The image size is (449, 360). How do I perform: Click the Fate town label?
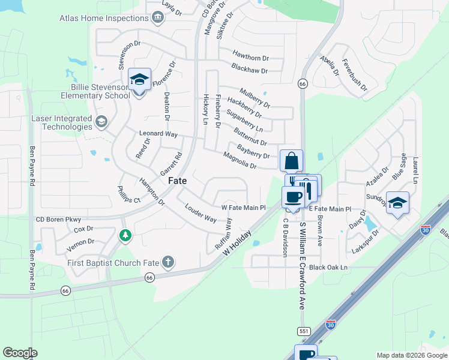click(177, 180)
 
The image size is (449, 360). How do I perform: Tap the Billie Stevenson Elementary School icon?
click(139, 80)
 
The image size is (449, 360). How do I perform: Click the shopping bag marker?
click(291, 161)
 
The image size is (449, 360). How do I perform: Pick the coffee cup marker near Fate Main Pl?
click(293, 197)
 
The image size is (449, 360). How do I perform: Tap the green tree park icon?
click(125, 235)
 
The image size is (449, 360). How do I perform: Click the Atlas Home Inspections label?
click(104, 18)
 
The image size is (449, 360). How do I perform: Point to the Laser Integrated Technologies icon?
click(101, 122)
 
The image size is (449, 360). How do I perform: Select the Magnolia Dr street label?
click(240, 161)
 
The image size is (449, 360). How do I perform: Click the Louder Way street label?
click(201, 214)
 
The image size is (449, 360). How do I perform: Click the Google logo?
click(20, 352)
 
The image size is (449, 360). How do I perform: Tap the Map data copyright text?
click(411, 355)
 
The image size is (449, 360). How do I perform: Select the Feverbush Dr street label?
click(354, 74)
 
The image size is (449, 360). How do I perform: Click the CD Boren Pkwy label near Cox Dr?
click(58, 220)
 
